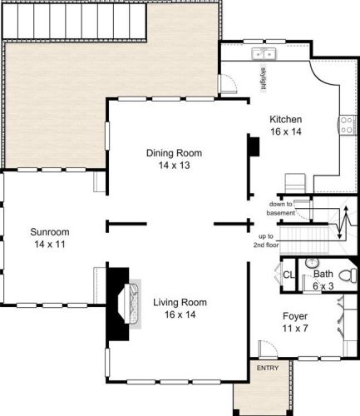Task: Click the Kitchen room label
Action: tap(286, 120)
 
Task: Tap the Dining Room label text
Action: tap(174, 153)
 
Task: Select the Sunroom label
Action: tap(50, 232)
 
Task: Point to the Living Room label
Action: tap(180, 302)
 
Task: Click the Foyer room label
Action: tap(295, 316)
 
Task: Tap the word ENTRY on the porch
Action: tap(268, 368)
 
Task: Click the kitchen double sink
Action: tap(264, 54)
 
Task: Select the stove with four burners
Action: tap(348, 125)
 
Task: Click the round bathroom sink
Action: tap(313, 263)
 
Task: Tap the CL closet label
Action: tap(288, 275)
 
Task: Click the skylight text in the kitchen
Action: tap(264, 79)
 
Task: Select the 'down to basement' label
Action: tap(280, 209)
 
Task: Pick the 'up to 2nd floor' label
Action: tap(266, 240)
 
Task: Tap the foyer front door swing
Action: tap(268, 348)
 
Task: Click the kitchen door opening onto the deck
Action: tap(227, 83)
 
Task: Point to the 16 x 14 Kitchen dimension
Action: tap(286, 131)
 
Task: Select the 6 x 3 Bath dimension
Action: tap(323, 286)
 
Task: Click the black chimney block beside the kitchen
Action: tap(254, 146)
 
